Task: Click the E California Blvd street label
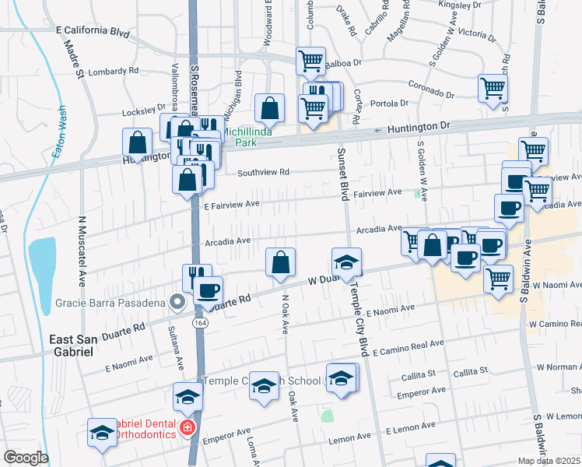pos(93,32)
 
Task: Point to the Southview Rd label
pos(263,172)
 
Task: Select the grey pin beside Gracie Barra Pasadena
pos(177,302)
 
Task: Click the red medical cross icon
pos(187,427)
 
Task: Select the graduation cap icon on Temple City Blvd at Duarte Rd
pos(347,261)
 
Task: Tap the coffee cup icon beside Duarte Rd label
pos(208,290)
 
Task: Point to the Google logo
pos(26,458)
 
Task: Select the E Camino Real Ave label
pos(408,348)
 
